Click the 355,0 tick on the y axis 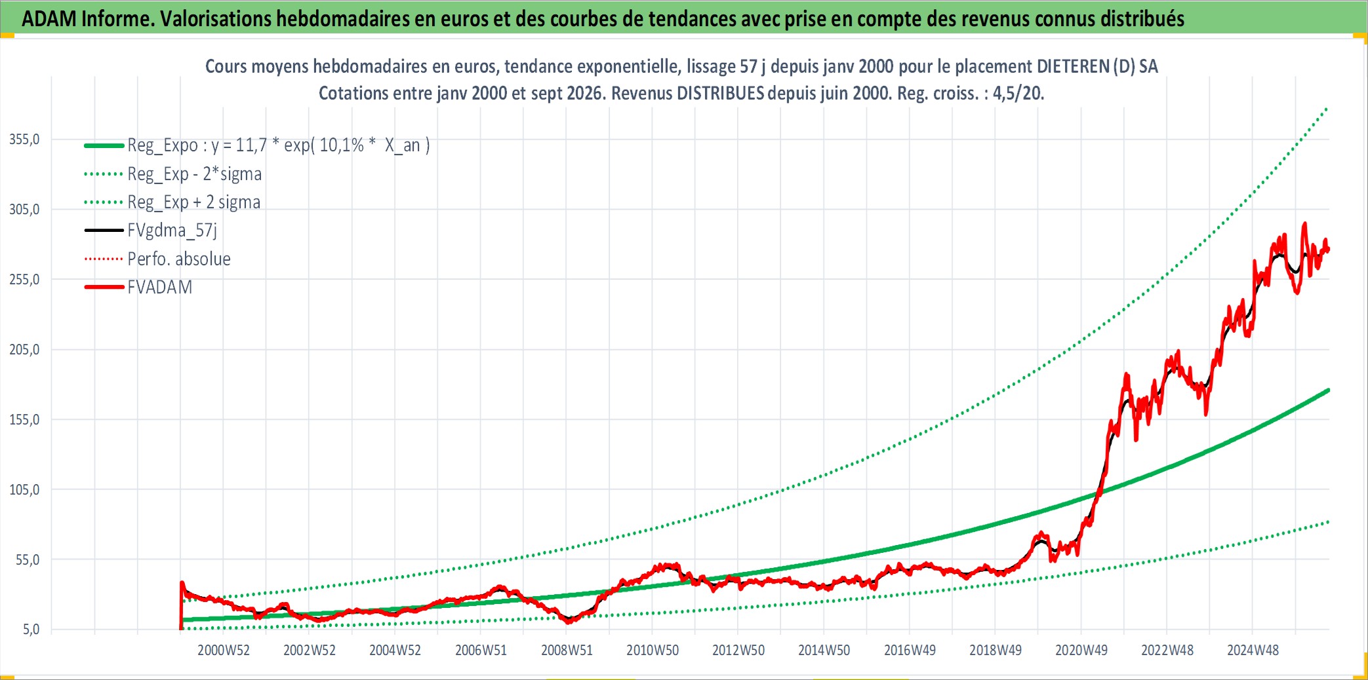24,139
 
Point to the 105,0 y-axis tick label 24,489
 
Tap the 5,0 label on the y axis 31,630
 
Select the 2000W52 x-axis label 224,651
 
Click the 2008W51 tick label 567,651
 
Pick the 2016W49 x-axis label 910,651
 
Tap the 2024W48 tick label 1253,651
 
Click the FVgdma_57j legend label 172,231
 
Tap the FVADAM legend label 160,287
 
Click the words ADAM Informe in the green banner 88,19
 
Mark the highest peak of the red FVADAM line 1304,223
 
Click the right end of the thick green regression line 1328,390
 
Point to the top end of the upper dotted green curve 1327,108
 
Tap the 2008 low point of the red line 569,622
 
